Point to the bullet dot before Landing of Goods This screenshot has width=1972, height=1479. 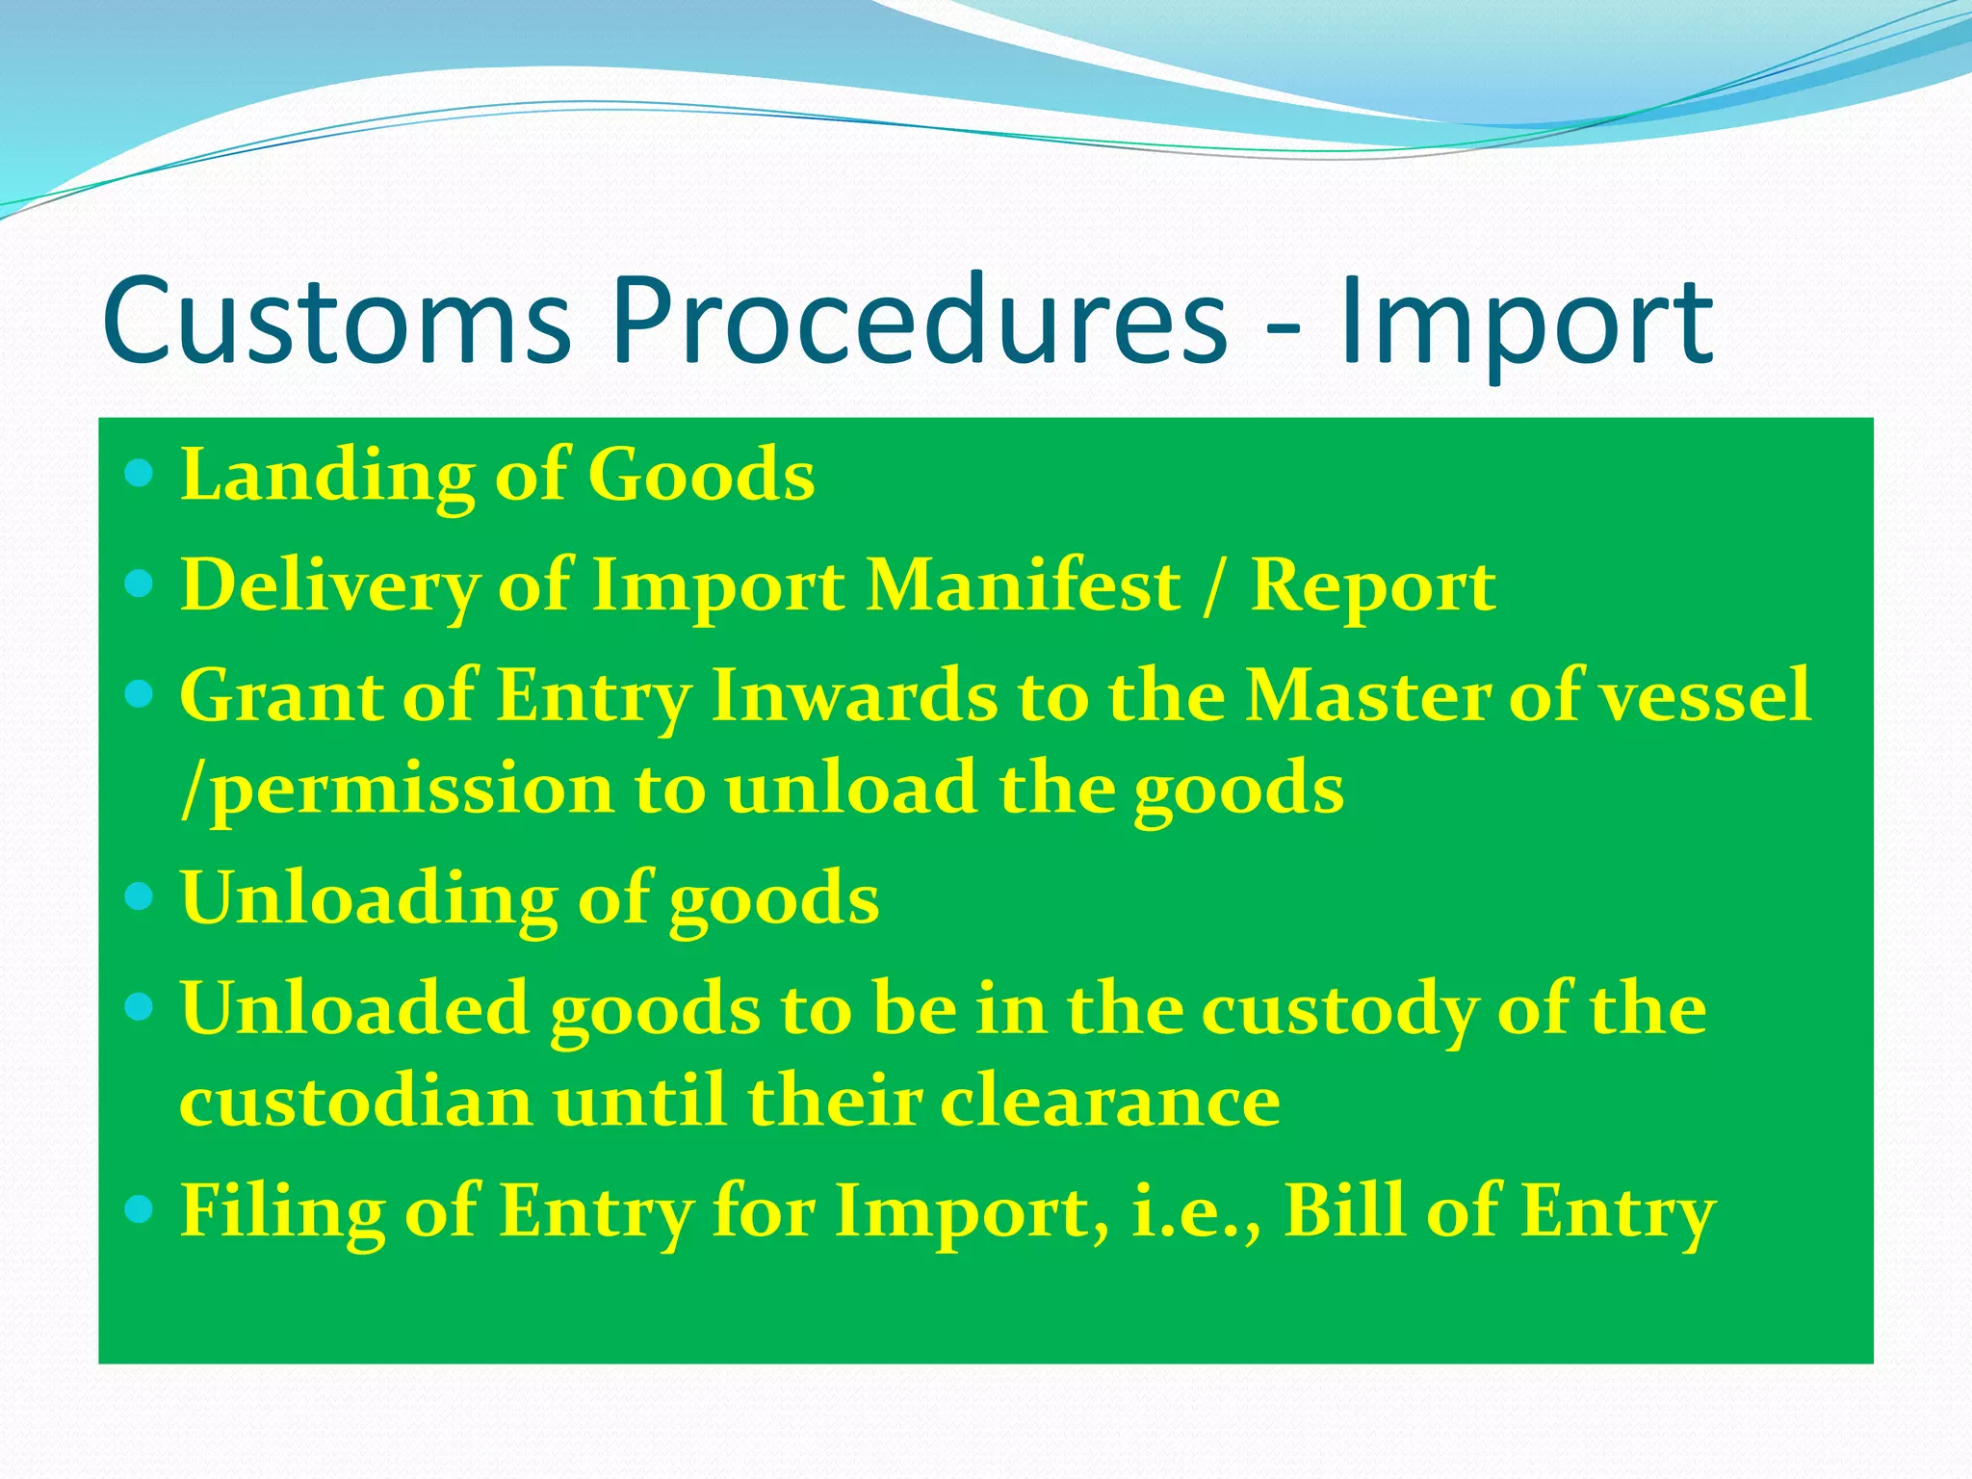click(x=141, y=473)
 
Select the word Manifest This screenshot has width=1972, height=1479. click(x=1023, y=585)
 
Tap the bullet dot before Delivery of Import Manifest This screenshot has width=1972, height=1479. click(x=141, y=583)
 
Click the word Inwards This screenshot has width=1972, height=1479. click(x=854, y=695)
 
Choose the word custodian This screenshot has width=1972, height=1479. click(x=355, y=1103)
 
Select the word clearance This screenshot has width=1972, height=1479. click(x=1109, y=1103)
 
